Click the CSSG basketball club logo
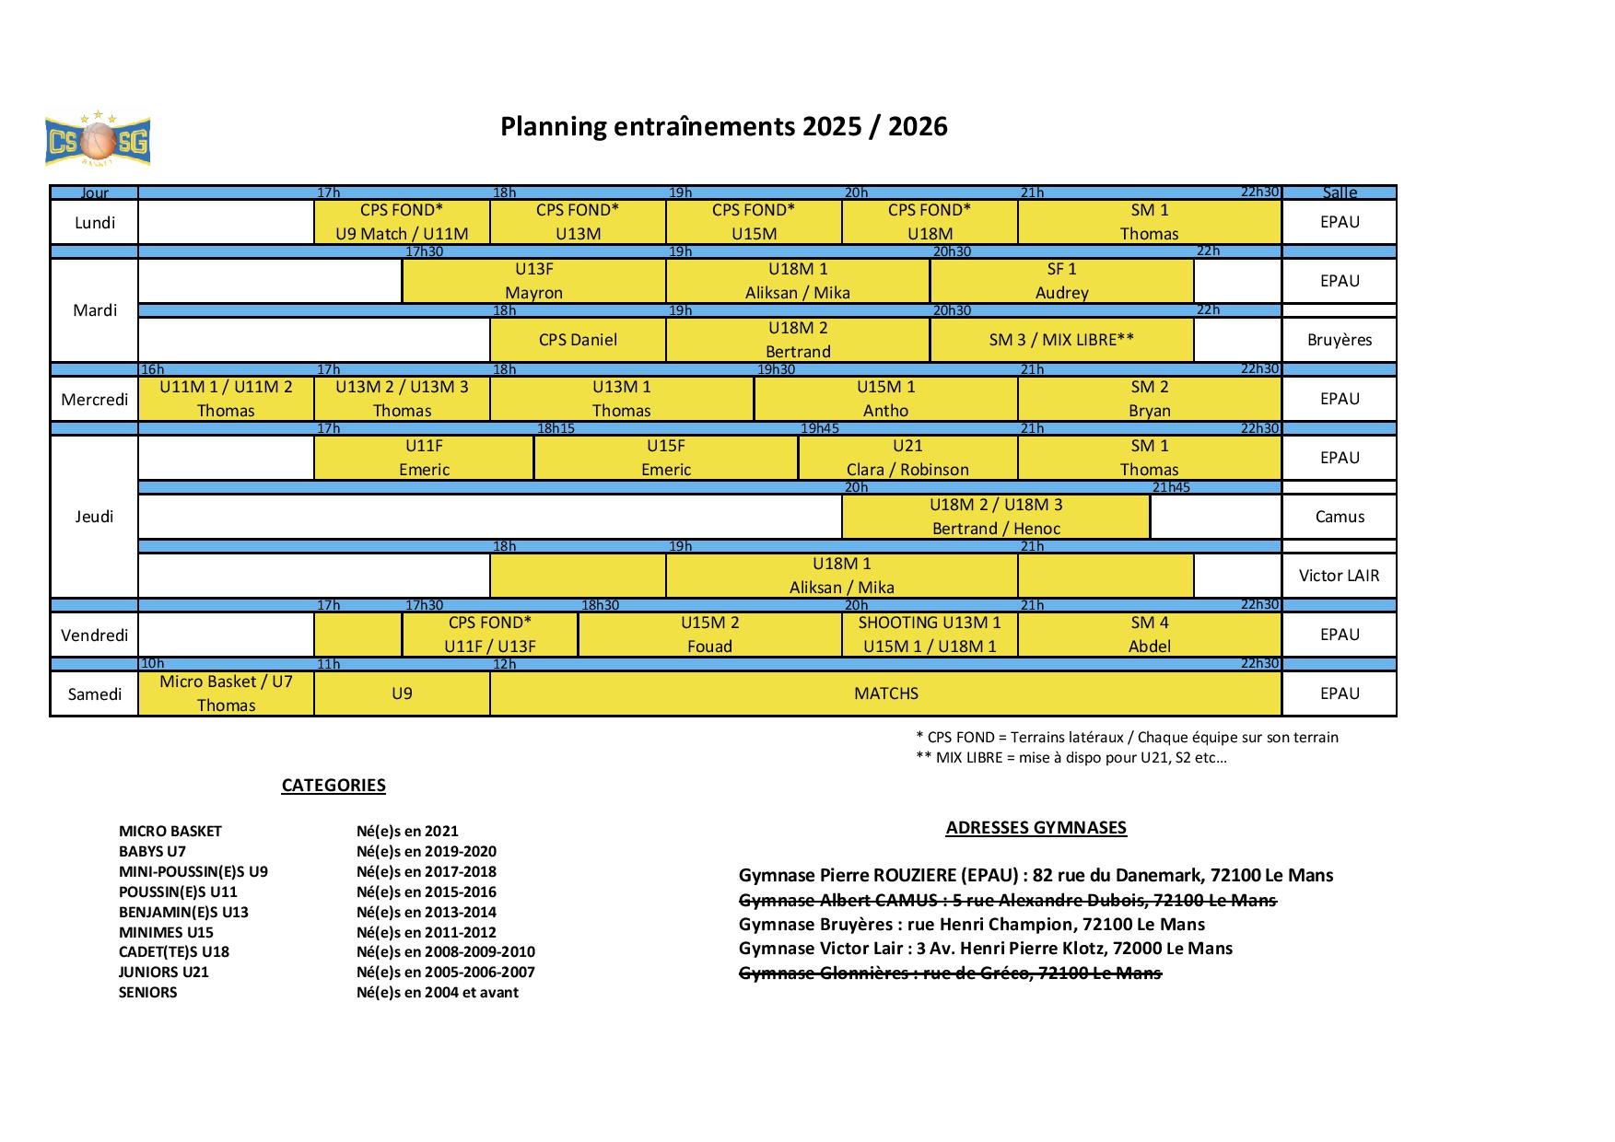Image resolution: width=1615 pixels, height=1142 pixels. pyautogui.click(x=97, y=139)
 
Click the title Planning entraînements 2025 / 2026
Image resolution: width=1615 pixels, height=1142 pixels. pyautogui.click(x=723, y=126)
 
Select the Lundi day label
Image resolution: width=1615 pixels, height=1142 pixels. pyautogui.click(x=95, y=222)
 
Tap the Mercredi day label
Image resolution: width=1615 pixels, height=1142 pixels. pyautogui.click(x=95, y=399)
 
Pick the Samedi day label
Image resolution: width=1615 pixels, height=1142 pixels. pyautogui.click(x=95, y=693)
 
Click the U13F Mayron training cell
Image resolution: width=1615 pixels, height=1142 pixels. pyautogui.click(x=534, y=281)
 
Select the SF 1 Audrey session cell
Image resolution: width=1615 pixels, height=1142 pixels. pyautogui.click(x=1062, y=281)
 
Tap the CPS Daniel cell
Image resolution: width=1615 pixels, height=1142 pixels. pyautogui.click(x=578, y=340)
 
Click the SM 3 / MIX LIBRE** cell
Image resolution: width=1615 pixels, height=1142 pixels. pyautogui.click(x=1062, y=340)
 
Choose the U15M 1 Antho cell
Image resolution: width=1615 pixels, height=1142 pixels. pyautogui.click(x=886, y=399)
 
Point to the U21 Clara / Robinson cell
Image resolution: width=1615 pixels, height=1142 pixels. pyautogui.click(x=908, y=458)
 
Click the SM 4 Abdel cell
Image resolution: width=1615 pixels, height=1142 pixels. pyautogui.click(x=1150, y=635)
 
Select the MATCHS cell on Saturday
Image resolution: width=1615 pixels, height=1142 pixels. pyautogui.click(x=886, y=693)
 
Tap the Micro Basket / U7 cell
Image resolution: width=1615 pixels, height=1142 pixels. pyautogui.click(x=226, y=693)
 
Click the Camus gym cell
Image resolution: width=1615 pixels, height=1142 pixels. pyautogui.click(x=1340, y=517)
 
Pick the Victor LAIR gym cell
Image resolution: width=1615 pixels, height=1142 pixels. pyautogui.click(x=1340, y=576)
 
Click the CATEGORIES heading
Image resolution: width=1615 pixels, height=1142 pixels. pyautogui.click(x=334, y=786)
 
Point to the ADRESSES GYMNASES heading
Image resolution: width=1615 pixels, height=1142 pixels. pyautogui.click(x=1036, y=828)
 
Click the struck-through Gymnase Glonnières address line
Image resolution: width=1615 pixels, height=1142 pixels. pyautogui.click(x=951, y=973)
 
